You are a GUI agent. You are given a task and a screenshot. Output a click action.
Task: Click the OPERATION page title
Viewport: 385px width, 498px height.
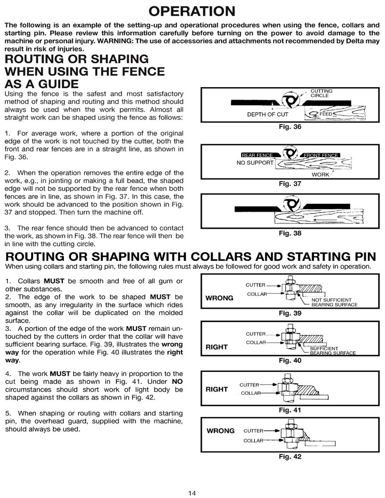(x=192, y=11)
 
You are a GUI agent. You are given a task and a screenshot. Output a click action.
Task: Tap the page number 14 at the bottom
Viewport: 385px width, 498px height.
(x=192, y=493)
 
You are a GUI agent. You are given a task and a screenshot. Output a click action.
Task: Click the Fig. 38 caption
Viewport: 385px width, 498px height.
(x=290, y=233)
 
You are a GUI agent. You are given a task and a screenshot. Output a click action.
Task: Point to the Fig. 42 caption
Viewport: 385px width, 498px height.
(x=290, y=457)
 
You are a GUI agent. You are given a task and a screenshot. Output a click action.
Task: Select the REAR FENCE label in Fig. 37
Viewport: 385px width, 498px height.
(x=257, y=155)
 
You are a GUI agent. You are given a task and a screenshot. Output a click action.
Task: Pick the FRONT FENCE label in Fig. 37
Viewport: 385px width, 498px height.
(x=321, y=155)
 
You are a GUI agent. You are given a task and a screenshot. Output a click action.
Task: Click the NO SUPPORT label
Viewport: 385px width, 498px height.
(x=255, y=162)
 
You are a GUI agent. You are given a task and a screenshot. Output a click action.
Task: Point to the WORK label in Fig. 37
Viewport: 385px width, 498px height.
(x=320, y=175)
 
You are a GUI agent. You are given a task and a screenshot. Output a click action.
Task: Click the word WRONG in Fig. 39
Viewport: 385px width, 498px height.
(x=219, y=298)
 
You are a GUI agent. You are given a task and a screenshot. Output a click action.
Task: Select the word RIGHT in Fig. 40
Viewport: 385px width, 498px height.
(x=217, y=347)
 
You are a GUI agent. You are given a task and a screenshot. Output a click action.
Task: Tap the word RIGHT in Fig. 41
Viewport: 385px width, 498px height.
(x=217, y=389)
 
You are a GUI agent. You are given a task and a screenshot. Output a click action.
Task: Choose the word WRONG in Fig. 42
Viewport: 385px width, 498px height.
(x=221, y=431)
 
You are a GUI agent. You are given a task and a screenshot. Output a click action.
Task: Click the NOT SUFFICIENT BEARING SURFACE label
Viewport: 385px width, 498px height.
(x=334, y=302)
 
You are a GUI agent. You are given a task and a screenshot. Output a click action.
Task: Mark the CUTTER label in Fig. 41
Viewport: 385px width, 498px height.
(x=249, y=384)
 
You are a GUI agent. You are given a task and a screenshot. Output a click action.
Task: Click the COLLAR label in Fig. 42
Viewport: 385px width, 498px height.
(x=254, y=440)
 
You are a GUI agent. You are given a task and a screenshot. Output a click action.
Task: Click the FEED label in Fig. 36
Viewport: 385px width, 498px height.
(x=325, y=113)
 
